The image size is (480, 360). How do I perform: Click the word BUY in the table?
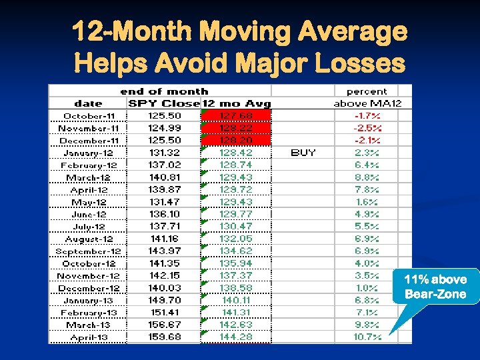[x=303, y=153]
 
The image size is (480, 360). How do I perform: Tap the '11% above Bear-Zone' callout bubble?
[x=437, y=286]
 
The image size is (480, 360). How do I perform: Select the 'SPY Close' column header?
[x=163, y=103]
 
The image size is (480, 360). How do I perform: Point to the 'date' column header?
[x=88, y=103]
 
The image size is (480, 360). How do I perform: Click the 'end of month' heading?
[x=164, y=91]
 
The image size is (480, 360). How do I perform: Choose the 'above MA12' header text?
[x=372, y=103]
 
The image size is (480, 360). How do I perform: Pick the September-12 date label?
[x=89, y=251]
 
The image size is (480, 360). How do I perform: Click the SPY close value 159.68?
[x=163, y=337]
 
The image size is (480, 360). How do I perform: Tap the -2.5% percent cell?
[x=367, y=128]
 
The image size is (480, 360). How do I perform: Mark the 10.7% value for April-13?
[x=367, y=337]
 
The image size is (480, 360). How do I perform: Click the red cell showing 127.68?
[x=236, y=116]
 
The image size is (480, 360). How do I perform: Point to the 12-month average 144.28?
[x=236, y=337]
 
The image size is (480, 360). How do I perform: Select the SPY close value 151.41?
[x=163, y=313]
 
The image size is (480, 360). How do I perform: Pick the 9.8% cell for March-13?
[x=367, y=325]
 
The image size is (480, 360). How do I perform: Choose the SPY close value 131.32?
[x=163, y=153]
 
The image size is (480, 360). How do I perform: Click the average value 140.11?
[x=236, y=301]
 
